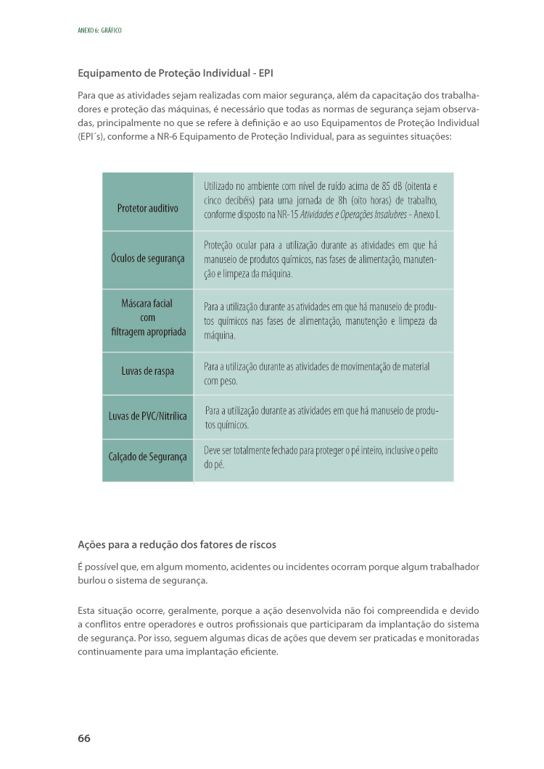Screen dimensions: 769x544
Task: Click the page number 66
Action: [84, 738]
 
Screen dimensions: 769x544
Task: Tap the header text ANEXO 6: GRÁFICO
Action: [99, 30]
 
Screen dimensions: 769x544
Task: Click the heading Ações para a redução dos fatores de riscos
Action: [177, 544]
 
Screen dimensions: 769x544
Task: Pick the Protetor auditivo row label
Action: [148, 208]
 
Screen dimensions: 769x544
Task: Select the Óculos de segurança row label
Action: [148, 258]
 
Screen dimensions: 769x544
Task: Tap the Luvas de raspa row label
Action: [148, 372]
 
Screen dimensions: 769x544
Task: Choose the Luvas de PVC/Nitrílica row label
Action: [148, 416]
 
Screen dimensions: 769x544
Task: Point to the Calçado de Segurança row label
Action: [148, 457]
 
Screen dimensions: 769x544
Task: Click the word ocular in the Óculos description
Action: [250, 245]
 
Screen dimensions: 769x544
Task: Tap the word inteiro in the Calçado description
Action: [359, 450]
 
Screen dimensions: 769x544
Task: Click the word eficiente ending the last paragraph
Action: [260, 651]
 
